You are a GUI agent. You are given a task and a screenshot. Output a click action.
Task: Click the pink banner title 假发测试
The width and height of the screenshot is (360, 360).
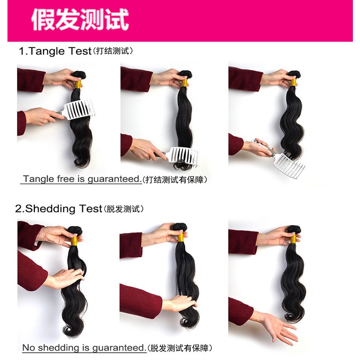[80, 19]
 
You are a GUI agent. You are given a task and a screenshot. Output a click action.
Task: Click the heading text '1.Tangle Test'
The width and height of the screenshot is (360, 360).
[55, 51]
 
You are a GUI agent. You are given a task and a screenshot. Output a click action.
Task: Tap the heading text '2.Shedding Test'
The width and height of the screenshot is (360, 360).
[58, 209]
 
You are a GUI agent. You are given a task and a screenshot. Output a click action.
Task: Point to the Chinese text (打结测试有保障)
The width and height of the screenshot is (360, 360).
[175, 180]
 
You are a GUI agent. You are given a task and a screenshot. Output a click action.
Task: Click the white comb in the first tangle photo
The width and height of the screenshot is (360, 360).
[79, 109]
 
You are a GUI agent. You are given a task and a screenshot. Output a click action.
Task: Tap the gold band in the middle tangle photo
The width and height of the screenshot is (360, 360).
[184, 83]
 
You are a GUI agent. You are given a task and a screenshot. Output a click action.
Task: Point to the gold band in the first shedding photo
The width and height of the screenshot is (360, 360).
[74, 240]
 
